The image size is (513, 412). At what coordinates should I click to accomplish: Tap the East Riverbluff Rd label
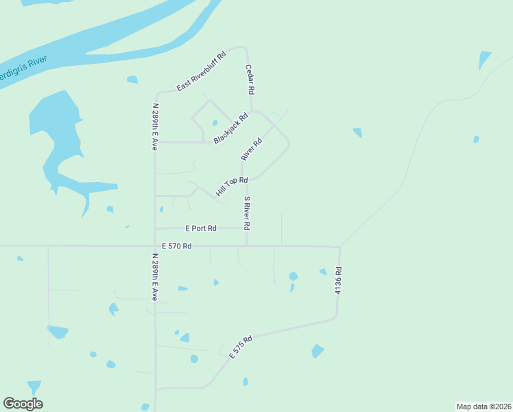[201, 72]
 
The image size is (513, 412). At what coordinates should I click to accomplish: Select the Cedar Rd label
[251, 80]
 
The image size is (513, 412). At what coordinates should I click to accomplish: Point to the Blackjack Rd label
[230, 128]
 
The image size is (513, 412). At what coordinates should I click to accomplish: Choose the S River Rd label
[247, 213]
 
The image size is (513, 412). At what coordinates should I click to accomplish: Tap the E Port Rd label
[201, 228]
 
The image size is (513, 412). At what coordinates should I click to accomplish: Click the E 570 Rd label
[177, 245]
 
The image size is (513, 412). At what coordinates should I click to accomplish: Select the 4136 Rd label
[337, 282]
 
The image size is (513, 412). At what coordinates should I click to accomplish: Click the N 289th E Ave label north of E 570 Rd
[156, 127]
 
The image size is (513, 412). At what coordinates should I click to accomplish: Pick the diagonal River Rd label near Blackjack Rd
[252, 150]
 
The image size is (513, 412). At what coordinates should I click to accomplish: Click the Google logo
[23, 403]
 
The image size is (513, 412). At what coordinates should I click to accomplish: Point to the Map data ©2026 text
[484, 406]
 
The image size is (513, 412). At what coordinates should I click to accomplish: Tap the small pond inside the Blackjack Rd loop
[215, 124]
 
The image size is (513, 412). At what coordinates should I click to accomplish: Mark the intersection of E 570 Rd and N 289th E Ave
[156, 245]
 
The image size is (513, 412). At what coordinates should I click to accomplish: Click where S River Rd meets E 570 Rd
[247, 245]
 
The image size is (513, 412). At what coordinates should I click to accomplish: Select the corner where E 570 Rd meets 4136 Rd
[339, 247]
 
